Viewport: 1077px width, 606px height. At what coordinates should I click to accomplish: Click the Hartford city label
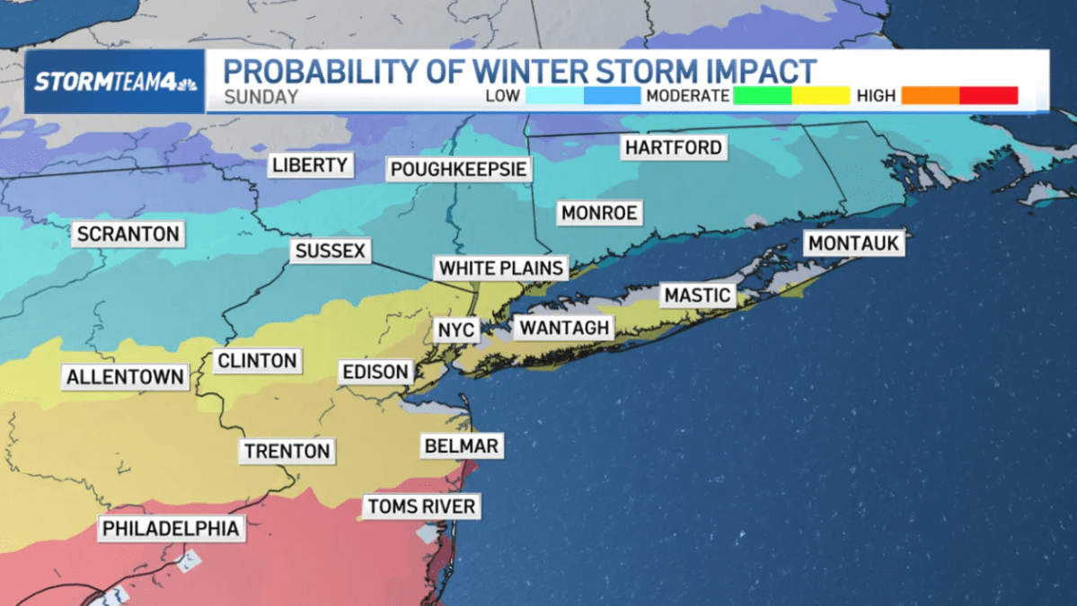pos(674,147)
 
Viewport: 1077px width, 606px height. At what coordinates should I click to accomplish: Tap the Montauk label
pos(853,243)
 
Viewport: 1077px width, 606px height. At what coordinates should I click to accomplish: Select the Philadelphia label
pos(171,529)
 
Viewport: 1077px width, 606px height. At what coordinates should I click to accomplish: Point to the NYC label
pos(455,329)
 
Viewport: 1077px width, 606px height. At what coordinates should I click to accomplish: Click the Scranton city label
pos(128,234)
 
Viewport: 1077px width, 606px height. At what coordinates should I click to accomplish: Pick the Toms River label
pos(421,506)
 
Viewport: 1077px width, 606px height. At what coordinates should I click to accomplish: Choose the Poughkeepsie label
pos(458,169)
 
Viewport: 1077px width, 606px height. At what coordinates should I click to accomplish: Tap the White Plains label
pos(501,268)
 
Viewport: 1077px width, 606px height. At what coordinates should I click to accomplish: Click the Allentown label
pos(126,377)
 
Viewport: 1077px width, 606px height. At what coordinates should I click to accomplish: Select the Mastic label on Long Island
pos(697,294)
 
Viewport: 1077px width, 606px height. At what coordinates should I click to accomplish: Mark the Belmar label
pos(460,445)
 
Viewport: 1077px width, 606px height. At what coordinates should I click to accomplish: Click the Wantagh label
pos(565,328)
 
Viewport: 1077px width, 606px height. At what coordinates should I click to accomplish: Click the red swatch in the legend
pos(988,95)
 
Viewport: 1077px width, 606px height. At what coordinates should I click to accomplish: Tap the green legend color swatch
pos(763,95)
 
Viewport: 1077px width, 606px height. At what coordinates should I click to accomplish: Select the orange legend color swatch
pos(931,95)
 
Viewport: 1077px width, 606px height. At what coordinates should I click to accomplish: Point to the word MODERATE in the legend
pos(687,96)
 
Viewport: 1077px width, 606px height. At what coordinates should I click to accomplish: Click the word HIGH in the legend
pos(876,96)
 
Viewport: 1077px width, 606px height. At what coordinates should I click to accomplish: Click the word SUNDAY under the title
pos(260,97)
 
